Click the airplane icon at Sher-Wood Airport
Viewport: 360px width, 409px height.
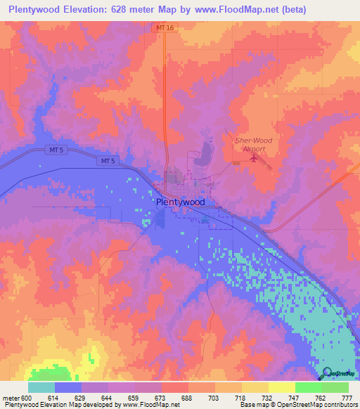click(x=253, y=158)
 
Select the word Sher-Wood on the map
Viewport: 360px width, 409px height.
click(x=253, y=141)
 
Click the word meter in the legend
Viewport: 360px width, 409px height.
click(x=11, y=398)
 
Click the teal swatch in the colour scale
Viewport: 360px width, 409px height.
click(x=41, y=387)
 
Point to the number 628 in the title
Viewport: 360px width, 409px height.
click(x=130, y=10)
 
